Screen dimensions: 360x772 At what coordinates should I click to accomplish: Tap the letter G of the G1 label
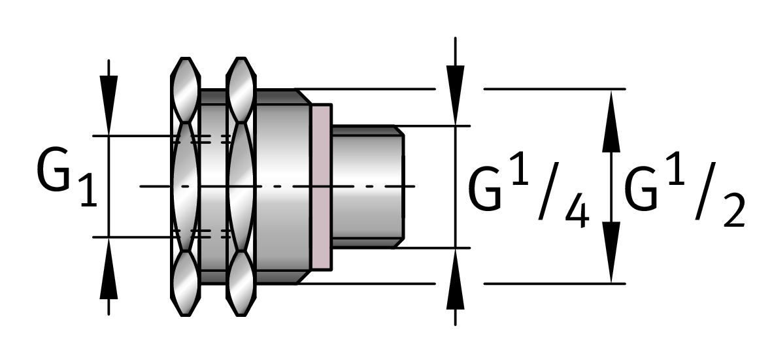[54, 172]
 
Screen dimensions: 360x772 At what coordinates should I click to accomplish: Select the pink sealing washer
[321, 186]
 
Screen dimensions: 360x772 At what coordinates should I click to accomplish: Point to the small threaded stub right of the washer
[367, 186]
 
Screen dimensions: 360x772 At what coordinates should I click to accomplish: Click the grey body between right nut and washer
[282, 186]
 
